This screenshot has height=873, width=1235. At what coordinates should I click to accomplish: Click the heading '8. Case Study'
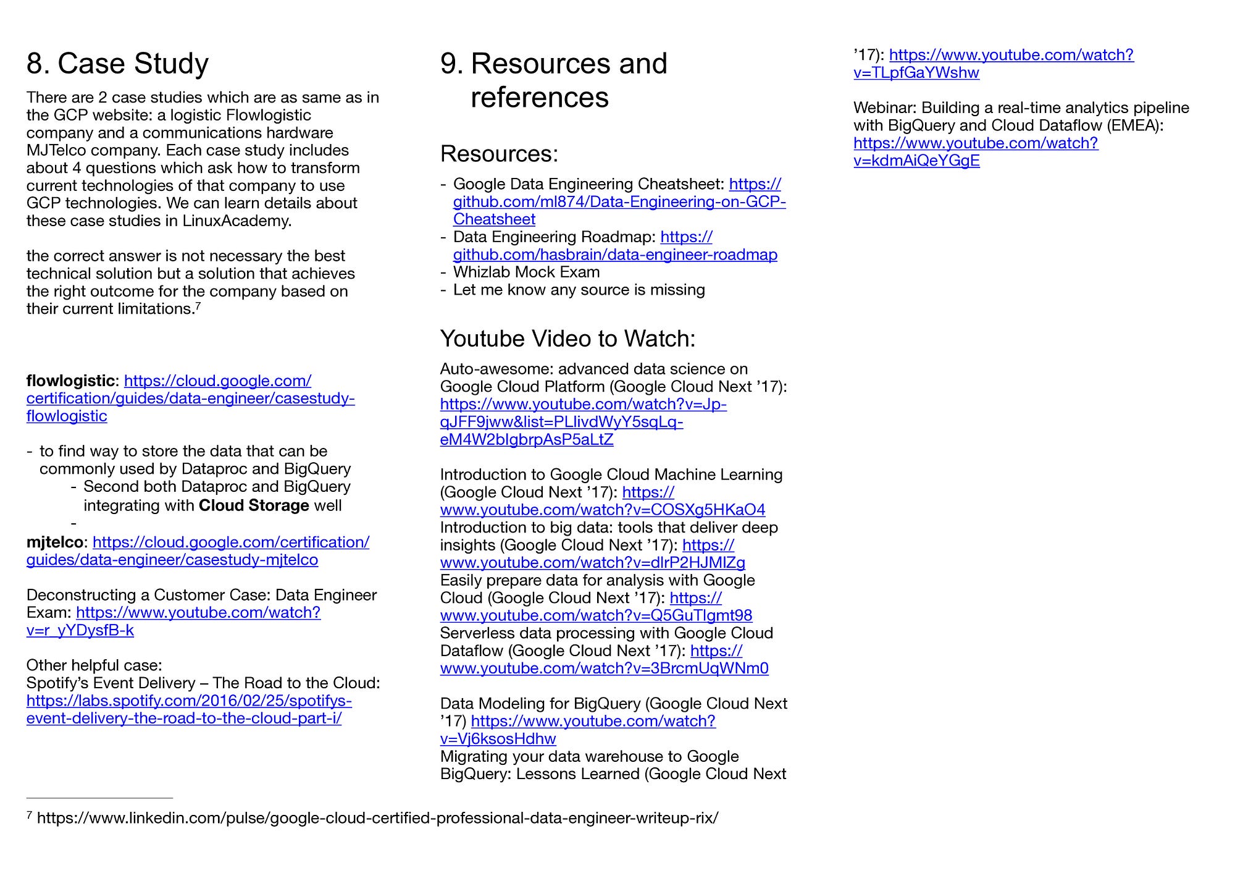pos(117,64)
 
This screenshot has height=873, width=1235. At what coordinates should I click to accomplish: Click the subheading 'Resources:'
pos(499,154)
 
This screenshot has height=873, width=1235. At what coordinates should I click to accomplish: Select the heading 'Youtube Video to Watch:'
pos(567,339)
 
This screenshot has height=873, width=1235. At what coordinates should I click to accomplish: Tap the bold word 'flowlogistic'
pos(70,381)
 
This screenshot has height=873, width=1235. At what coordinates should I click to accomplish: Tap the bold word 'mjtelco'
pos(54,542)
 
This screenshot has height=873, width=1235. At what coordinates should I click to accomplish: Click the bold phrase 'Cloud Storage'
pos(254,505)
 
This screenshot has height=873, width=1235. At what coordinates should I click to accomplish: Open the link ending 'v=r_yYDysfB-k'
pos(80,630)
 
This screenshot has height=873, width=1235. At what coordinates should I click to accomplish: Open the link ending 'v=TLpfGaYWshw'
pos(916,73)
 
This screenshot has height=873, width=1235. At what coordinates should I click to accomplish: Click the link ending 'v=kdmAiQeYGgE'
pos(916,161)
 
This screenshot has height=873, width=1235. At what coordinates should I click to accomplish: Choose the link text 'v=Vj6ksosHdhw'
pos(498,739)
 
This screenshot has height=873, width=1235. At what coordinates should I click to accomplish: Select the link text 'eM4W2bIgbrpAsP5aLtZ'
pos(526,440)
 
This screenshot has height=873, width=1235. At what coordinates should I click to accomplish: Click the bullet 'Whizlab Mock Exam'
pos(526,272)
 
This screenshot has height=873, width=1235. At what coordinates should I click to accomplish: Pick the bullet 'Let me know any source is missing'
pos(579,290)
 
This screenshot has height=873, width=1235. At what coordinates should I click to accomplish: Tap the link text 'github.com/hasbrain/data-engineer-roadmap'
pos(615,255)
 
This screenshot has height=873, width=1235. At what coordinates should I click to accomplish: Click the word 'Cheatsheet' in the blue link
pos(494,219)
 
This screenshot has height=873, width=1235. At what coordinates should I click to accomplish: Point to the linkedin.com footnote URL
pos(377,819)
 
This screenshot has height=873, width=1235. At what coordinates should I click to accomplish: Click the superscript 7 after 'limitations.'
pos(198,305)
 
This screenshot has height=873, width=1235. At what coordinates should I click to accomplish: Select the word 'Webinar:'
pos(884,108)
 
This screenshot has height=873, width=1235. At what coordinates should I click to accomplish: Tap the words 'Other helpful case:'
pos(94,665)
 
